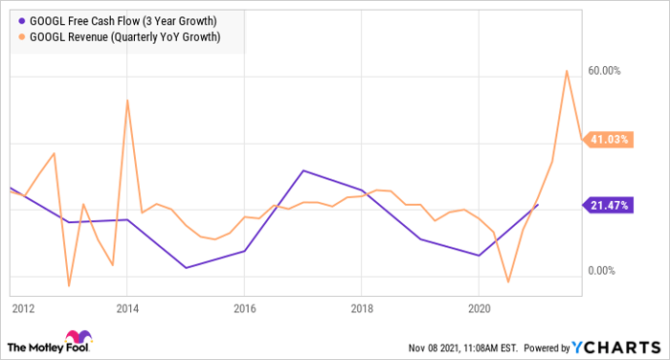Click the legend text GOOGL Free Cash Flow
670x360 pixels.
[x=122, y=19]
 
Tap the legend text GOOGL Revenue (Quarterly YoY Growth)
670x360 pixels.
[x=125, y=37]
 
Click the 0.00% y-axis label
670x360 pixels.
[x=605, y=271]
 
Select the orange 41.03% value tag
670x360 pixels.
[x=608, y=140]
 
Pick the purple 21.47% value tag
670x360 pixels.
[x=608, y=205]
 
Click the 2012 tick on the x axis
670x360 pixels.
[x=23, y=309]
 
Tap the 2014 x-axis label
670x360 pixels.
[x=127, y=309]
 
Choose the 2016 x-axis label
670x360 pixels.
[x=244, y=309]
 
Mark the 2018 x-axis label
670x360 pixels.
[x=362, y=309]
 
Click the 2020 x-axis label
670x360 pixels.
[x=479, y=309]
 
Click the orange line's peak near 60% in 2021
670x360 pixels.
[x=567, y=71]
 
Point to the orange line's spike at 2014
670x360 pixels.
[x=127, y=101]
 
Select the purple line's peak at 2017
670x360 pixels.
[x=302, y=170]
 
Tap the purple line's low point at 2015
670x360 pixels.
[x=186, y=267]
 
